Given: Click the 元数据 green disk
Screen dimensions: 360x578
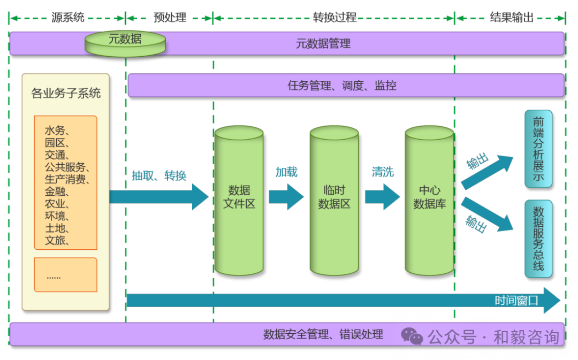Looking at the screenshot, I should coord(125,43).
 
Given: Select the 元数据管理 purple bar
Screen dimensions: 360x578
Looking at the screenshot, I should coord(323,43).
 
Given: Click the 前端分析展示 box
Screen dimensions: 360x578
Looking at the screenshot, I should coord(538,149).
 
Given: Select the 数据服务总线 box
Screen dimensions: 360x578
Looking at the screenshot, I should coord(538,239).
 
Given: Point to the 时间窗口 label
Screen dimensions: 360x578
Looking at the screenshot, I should coord(516,300).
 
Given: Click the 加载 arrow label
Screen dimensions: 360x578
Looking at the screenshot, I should coord(286,172).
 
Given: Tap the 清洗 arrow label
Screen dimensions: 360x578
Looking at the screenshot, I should coord(383,172).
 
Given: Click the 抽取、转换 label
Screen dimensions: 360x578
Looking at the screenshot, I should coord(159,175).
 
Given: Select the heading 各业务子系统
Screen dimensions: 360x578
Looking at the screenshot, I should coord(66,94).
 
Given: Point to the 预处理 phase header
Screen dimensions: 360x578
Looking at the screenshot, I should coord(170,18).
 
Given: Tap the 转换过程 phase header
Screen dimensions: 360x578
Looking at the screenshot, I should coord(334,18).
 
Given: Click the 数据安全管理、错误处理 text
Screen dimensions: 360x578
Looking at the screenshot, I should coord(323,335).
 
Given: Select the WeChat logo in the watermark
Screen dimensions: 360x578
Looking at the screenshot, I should coord(412,336).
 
